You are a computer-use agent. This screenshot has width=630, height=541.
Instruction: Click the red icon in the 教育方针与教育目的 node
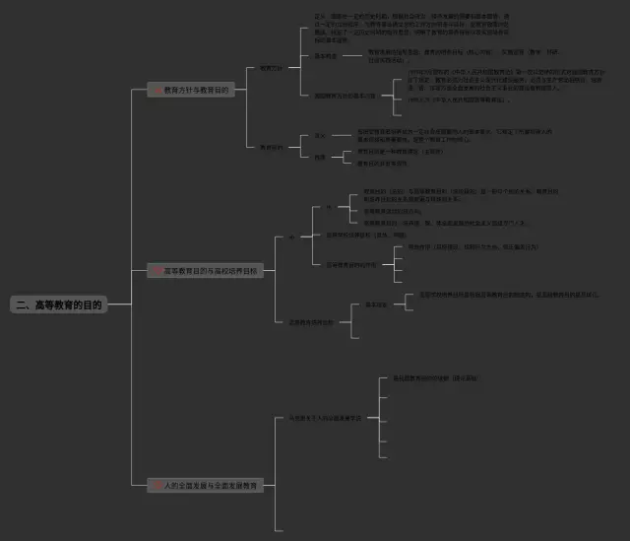157,90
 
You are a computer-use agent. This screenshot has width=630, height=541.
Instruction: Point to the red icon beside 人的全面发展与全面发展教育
157,486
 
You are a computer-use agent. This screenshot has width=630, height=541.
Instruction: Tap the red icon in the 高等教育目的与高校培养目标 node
157,270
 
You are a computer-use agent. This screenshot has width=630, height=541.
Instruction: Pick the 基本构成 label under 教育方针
327,56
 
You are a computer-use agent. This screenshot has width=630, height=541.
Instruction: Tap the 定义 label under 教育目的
320,136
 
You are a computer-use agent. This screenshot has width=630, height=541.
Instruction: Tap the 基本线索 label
376,305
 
